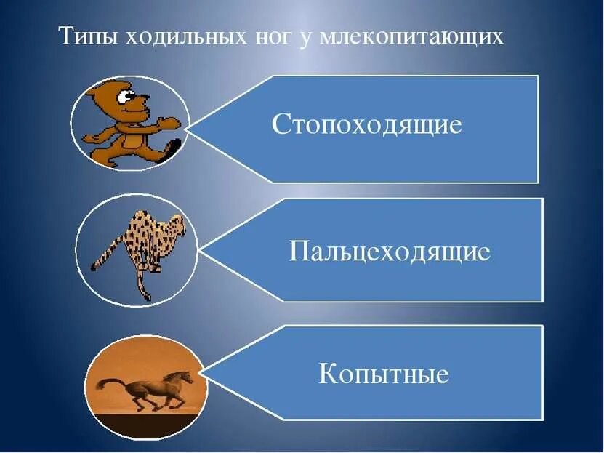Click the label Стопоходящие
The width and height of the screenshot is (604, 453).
tap(367, 124)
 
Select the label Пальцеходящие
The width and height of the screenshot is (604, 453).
tap(390, 252)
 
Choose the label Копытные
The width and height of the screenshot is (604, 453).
tap(384, 375)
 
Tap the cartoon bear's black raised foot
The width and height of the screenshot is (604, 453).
tap(173, 148)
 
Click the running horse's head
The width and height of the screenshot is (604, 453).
tap(186, 377)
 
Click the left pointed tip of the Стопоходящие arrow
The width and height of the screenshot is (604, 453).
tap(187, 129)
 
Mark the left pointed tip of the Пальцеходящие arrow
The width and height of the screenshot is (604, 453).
tap(198, 249)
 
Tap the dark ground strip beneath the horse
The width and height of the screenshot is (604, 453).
tap(145, 423)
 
